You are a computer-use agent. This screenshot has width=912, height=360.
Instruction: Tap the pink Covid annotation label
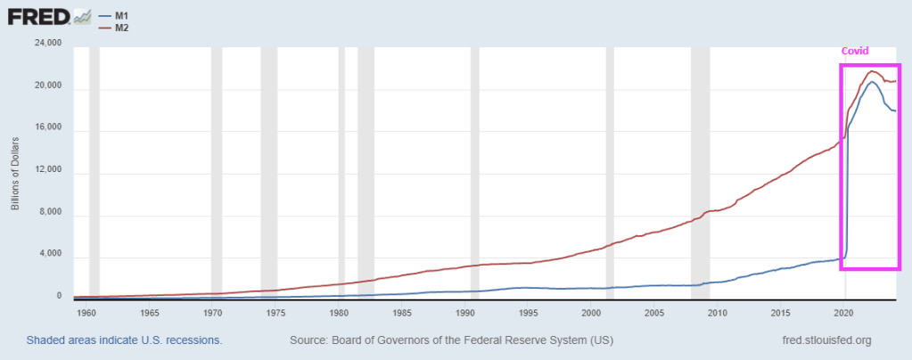click(x=855, y=51)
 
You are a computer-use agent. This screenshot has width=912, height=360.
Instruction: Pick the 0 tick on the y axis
click(x=59, y=297)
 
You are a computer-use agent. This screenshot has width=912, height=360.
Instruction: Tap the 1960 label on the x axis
click(x=86, y=313)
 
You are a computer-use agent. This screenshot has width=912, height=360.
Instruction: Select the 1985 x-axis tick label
click(x=401, y=313)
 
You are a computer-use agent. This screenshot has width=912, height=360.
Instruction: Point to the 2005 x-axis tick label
click(x=654, y=313)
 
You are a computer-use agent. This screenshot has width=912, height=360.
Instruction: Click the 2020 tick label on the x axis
click(x=843, y=313)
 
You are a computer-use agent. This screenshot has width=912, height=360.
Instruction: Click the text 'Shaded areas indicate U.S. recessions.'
click(x=124, y=340)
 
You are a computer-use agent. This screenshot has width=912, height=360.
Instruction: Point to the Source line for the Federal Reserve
click(x=451, y=340)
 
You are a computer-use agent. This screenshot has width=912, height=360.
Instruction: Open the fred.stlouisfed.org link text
click(x=825, y=340)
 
